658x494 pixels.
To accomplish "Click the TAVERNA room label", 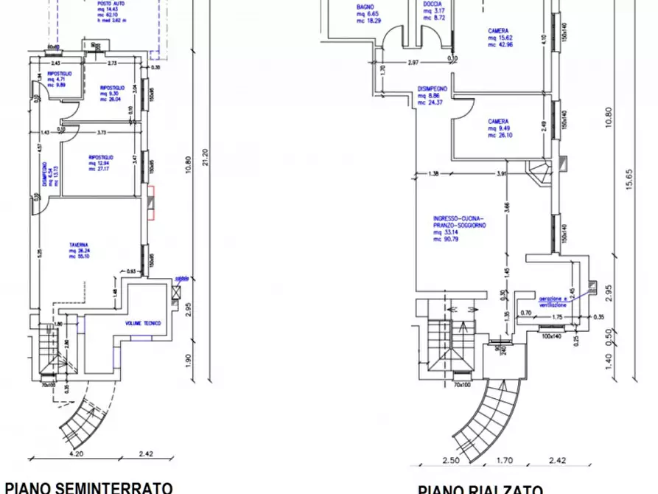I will pyautogui.click(x=80, y=243).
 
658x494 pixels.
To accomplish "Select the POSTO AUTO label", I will pyautogui.click(x=110, y=4).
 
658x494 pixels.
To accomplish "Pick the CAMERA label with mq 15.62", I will pyautogui.click(x=497, y=31).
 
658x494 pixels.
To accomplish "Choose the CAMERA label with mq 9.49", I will pyautogui.click(x=497, y=122).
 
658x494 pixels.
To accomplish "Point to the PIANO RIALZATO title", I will pyautogui.click(x=480, y=489).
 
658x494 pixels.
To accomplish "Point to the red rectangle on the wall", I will pyautogui.click(x=150, y=203).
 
